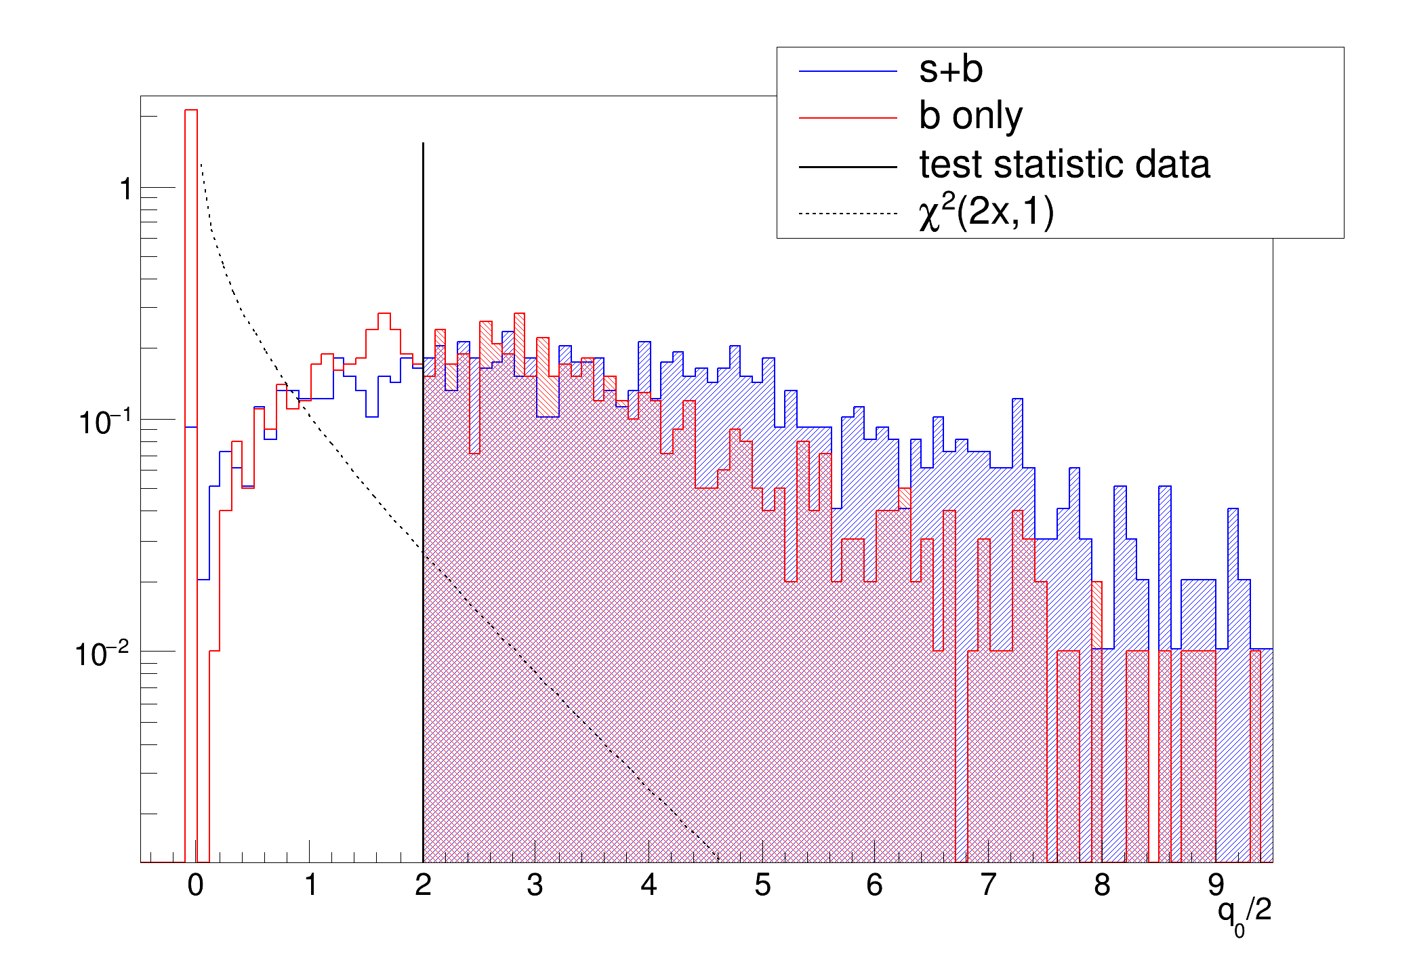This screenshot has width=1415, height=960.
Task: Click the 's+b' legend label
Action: tap(950, 70)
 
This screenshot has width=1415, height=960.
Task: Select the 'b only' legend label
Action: tap(970, 117)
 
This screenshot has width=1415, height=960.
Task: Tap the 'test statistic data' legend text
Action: tap(1064, 165)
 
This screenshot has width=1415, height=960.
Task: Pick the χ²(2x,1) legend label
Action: tap(986, 213)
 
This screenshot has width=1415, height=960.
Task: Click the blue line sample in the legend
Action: tap(848, 71)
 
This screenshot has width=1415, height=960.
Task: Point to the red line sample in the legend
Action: tap(848, 119)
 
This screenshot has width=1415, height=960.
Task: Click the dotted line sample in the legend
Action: tap(848, 214)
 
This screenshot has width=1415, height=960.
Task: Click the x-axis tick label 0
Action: tap(195, 885)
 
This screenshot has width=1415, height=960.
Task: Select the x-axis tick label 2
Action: tap(423, 885)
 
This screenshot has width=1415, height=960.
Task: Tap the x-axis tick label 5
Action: tap(762, 885)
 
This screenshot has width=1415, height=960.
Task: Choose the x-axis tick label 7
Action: tap(989, 885)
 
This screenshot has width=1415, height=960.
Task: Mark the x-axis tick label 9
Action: tap(1216, 885)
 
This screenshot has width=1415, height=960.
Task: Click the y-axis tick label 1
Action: tap(125, 189)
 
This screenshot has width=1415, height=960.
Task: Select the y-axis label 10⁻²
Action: tap(102, 654)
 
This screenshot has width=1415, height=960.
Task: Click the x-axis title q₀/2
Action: tap(1244, 913)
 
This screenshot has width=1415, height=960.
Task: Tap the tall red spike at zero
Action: tap(191, 271)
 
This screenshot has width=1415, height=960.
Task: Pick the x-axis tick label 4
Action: tap(649, 885)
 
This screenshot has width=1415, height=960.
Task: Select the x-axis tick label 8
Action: tap(1102, 885)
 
